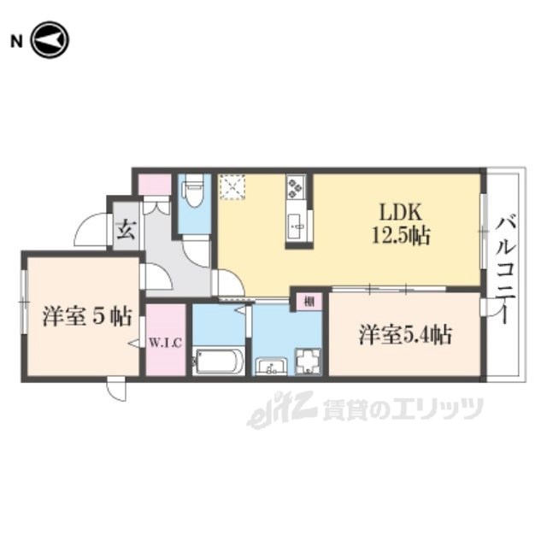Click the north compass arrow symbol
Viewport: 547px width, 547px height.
[x=50, y=40]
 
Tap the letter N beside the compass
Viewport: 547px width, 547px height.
[x=16, y=42]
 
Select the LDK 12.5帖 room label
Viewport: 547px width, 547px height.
[x=401, y=224]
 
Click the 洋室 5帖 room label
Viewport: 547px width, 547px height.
[x=87, y=316]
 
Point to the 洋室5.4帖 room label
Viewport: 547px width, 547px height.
[x=405, y=335]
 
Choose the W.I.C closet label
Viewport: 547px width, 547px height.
[x=166, y=344]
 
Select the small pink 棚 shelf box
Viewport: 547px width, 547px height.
[x=309, y=302]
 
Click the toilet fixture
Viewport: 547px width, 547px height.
[x=195, y=191]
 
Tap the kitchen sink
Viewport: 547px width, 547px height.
[x=297, y=225]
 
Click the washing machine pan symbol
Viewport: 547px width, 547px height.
[x=308, y=362]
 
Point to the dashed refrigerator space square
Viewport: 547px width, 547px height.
[x=232, y=187]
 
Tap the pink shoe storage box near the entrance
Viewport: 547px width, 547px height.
[x=155, y=185]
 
